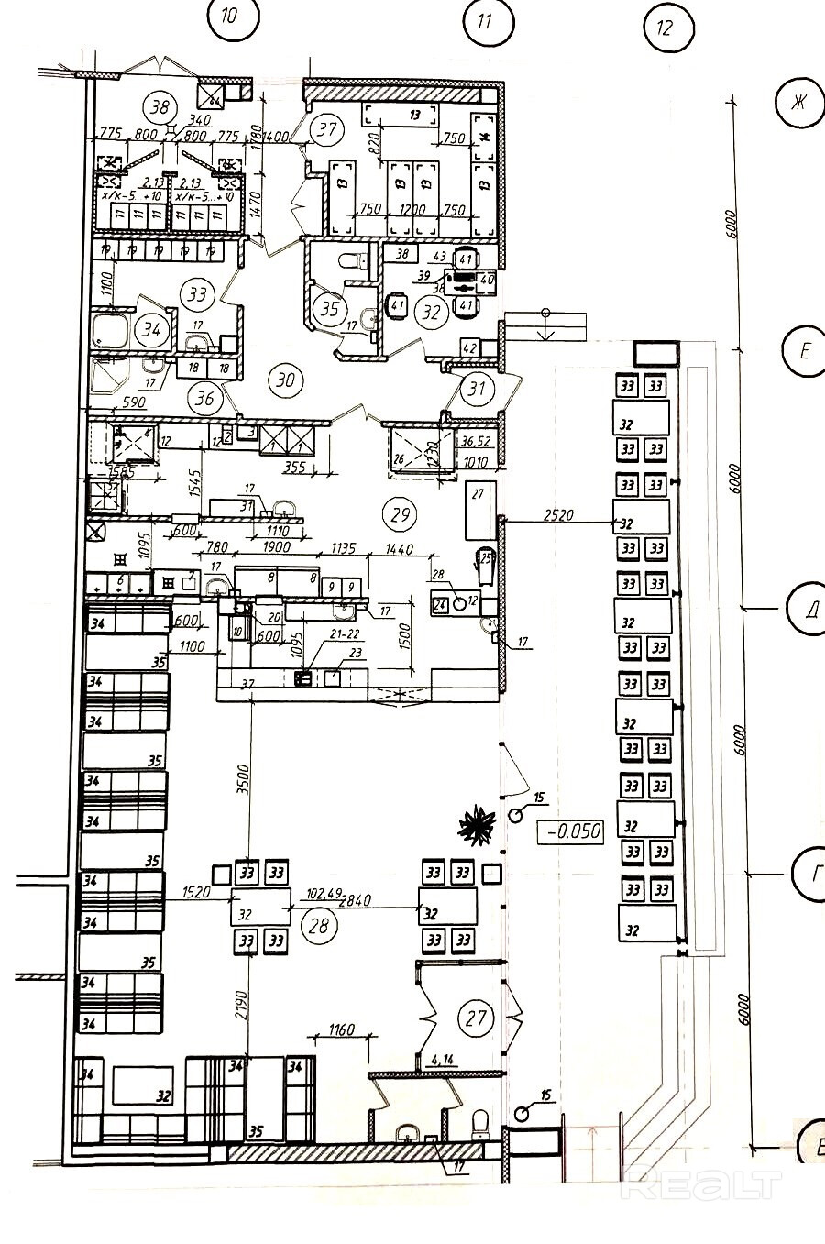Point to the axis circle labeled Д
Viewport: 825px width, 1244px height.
(808, 608)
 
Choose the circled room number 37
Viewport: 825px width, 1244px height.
(327, 130)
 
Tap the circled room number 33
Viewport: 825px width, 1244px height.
(197, 295)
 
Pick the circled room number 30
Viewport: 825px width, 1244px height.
(287, 378)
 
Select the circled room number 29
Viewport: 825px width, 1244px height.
(401, 514)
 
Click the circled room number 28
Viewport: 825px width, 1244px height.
(319, 926)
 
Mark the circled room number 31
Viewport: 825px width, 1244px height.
(477, 389)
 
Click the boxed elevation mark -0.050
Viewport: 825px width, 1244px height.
(573, 832)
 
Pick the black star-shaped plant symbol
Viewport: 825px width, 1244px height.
(477, 824)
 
